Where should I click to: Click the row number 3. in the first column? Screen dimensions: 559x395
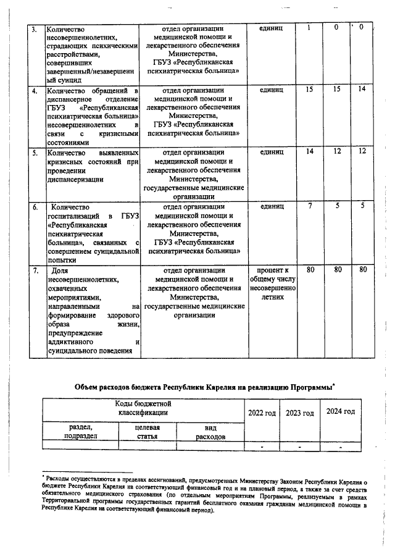point(34,29)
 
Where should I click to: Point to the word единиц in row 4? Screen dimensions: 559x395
point(272,90)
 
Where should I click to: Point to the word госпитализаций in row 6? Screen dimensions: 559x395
point(74,216)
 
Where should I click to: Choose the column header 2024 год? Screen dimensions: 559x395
point(340,411)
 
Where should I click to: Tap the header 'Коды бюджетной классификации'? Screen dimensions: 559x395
point(143,408)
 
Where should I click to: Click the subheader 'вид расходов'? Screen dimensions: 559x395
point(210,432)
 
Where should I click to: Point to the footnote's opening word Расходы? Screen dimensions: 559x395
point(58,477)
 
